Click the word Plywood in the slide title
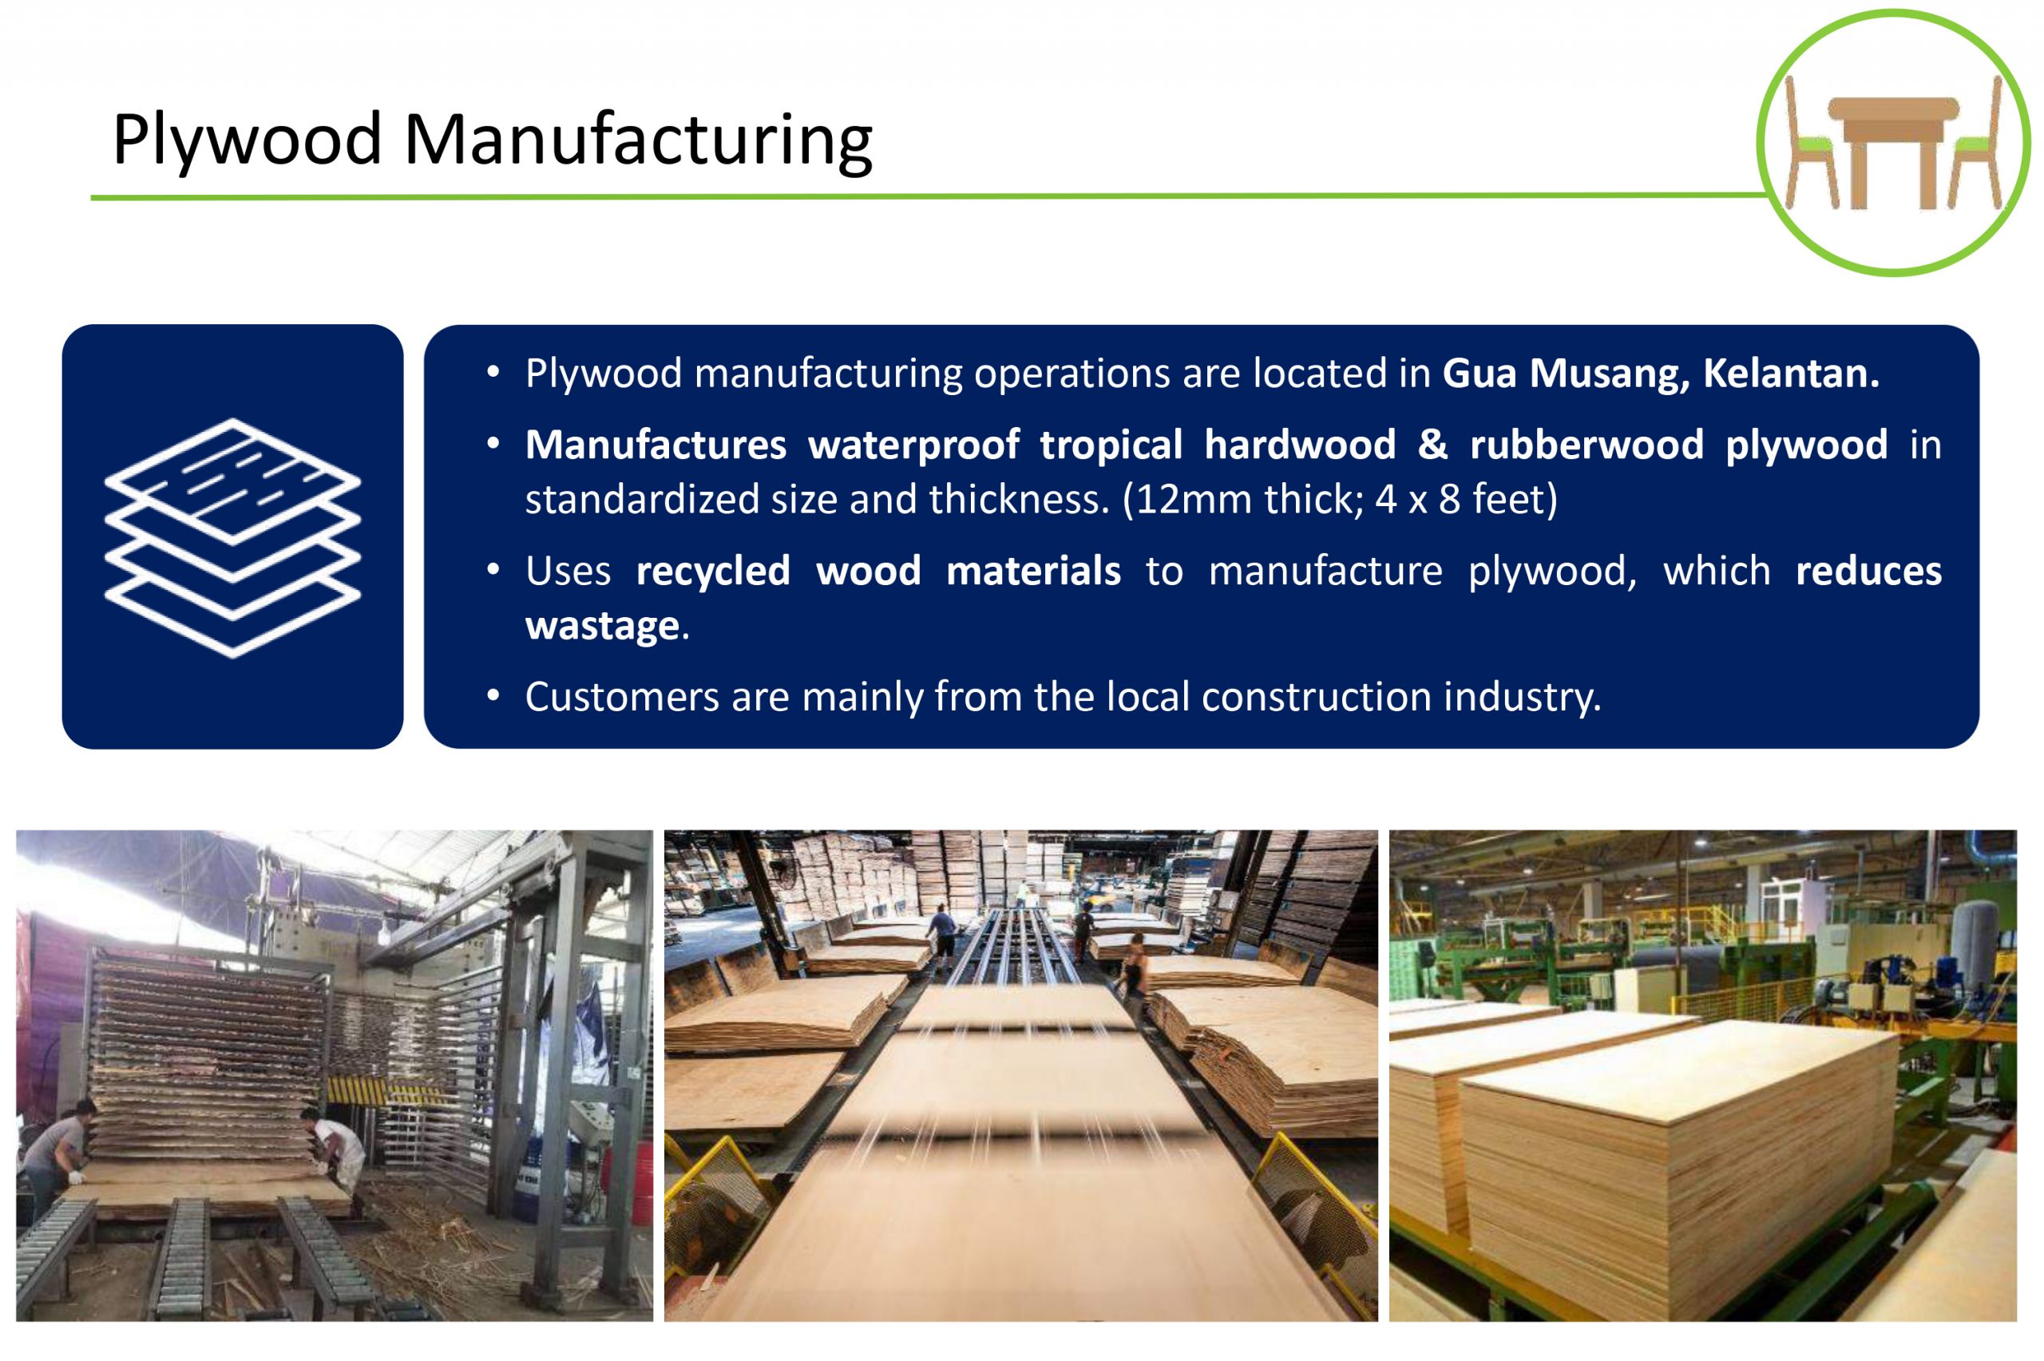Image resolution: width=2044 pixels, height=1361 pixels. [x=248, y=140]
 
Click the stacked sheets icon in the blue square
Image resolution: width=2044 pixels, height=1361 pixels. [x=232, y=538]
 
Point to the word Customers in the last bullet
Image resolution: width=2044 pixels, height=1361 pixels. [x=622, y=697]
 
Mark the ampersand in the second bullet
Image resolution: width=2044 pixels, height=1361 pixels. [x=1433, y=445]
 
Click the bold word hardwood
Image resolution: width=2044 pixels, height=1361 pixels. [x=1300, y=445]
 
